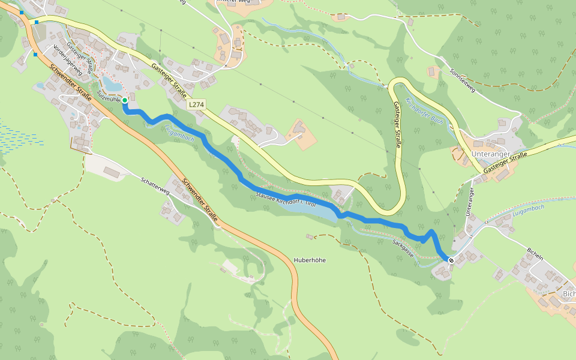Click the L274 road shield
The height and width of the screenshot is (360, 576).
[x=196, y=104]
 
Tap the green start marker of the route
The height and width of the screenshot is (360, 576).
[x=124, y=100]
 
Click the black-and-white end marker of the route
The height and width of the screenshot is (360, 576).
[x=450, y=259]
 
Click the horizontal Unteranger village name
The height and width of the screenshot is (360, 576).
[x=491, y=154]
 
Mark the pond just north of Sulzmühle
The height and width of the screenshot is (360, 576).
[x=112, y=83]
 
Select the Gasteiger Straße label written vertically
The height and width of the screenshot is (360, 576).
[x=397, y=125]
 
